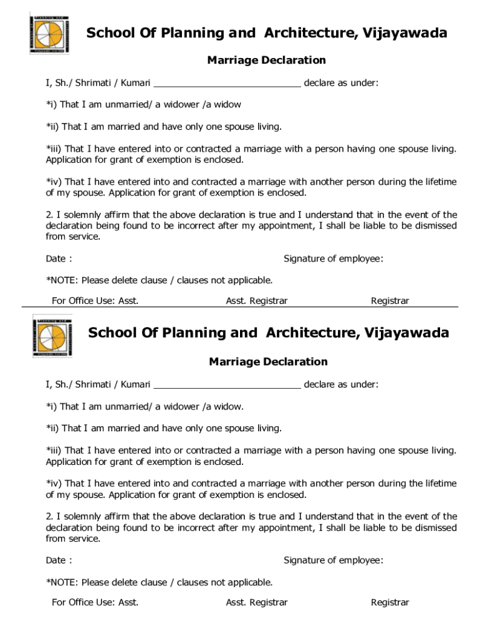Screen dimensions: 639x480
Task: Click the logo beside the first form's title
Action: click(51, 33)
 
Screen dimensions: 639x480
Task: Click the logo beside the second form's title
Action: click(52, 335)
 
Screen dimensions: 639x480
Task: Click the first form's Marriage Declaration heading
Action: click(266, 61)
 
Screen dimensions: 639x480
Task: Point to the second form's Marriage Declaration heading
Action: click(268, 362)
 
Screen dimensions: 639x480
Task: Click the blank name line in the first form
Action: click(227, 83)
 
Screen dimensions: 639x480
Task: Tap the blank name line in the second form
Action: click(227, 384)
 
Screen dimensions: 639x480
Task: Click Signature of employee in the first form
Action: click(333, 259)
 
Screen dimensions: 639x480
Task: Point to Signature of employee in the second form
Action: click(333, 560)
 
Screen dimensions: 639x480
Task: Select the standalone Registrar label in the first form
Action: click(390, 301)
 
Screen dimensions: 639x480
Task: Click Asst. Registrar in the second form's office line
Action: click(256, 603)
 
